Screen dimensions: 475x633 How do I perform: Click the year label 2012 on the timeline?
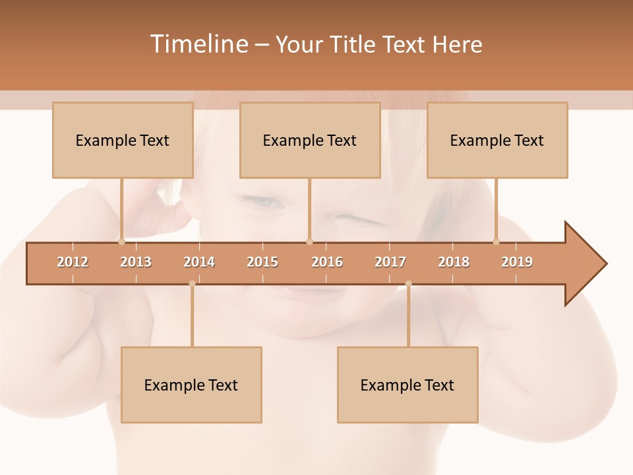click(x=73, y=262)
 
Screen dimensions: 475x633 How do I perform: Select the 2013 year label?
click(x=136, y=262)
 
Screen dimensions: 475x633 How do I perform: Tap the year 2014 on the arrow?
click(x=199, y=262)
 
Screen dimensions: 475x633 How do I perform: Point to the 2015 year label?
click(x=262, y=262)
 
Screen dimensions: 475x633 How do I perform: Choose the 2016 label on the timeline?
click(x=327, y=262)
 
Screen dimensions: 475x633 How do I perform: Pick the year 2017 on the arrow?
click(x=390, y=262)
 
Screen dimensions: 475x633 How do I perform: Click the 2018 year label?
click(x=454, y=262)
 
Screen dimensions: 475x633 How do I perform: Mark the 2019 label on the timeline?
click(x=517, y=262)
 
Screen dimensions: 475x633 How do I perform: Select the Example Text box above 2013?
click(x=123, y=140)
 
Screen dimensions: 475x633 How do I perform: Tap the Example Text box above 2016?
click(x=310, y=140)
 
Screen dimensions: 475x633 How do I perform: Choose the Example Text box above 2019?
click(x=497, y=140)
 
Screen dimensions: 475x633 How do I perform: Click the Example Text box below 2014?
click(x=191, y=385)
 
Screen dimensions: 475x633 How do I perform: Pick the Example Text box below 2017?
click(x=407, y=385)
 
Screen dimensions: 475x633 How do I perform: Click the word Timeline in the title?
click(x=198, y=44)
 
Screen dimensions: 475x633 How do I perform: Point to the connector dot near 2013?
click(x=121, y=241)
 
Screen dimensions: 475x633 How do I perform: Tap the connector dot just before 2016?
click(x=309, y=241)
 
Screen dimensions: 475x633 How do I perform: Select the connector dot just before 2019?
click(x=496, y=241)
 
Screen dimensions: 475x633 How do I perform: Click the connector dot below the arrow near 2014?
click(x=192, y=284)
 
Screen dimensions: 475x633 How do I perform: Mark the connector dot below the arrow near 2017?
click(x=408, y=284)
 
